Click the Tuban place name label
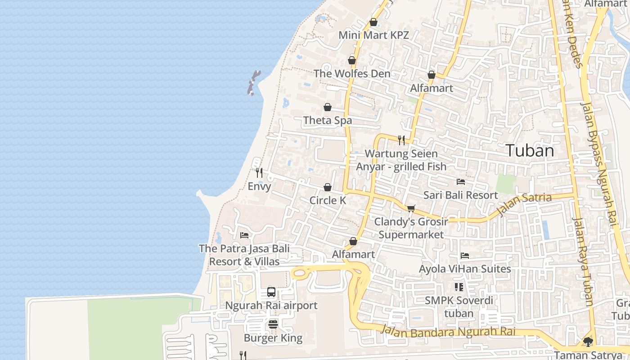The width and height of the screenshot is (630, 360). (530, 151)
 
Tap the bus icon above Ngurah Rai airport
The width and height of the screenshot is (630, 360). (271, 292)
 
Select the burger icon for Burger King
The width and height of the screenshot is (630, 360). (273, 324)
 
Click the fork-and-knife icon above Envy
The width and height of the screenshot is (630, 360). (259, 173)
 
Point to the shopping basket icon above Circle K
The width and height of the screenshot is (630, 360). (328, 187)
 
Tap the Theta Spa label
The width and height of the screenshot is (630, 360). (328, 121)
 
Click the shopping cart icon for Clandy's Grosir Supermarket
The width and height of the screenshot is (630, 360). (411, 208)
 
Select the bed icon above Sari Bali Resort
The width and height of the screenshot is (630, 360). (461, 182)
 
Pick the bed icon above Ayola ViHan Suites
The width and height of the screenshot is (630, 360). (465, 256)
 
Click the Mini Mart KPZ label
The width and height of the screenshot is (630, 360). (373, 35)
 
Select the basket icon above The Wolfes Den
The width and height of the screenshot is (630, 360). (352, 60)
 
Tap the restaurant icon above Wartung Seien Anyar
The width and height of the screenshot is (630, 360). (401, 140)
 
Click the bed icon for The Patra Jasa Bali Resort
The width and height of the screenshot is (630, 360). (244, 235)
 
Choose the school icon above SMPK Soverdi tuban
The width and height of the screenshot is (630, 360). (459, 287)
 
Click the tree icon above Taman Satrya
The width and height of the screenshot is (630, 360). (588, 342)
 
